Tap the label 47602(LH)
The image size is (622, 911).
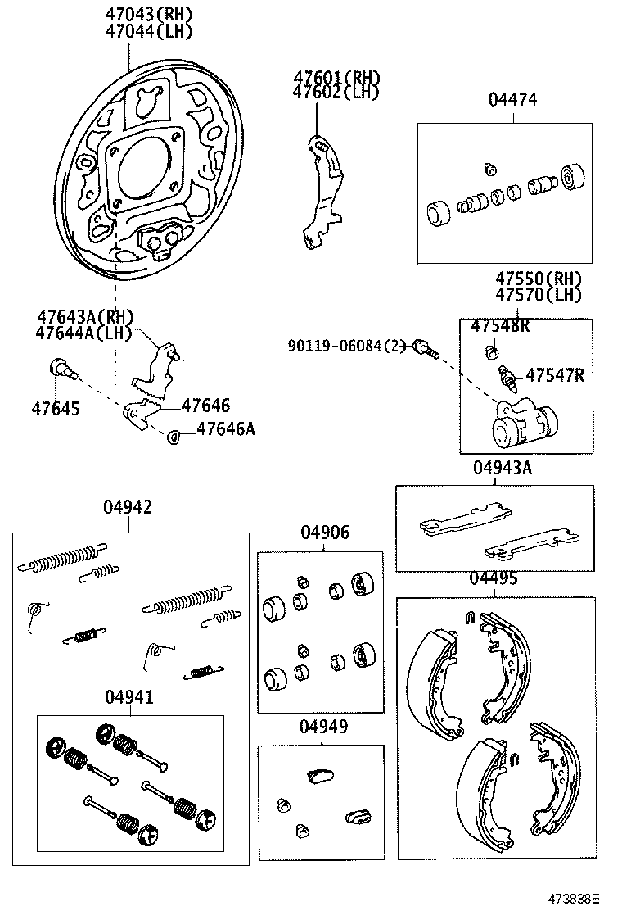(336, 93)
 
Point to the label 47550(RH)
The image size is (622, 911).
(538, 278)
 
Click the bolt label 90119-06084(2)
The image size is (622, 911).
(346, 346)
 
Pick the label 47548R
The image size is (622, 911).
(500, 326)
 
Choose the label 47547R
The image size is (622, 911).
(554, 375)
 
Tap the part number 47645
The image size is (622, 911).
(56, 407)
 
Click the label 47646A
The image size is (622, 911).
(224, 428)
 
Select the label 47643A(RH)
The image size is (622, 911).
(84, 316)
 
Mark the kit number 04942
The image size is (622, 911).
(127, 508)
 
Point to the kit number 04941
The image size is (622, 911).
(128, 697)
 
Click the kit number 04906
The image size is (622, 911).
(324, 533)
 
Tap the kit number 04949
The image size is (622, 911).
(322, 727)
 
